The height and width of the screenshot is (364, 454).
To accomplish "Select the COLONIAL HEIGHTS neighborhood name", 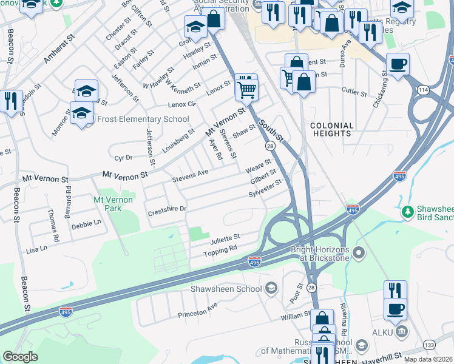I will [331, 130].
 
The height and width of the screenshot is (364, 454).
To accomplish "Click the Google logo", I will [20, 357].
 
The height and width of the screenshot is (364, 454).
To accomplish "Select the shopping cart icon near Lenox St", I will [246, 89].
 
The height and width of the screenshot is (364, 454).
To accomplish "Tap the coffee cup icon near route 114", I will [398, 64].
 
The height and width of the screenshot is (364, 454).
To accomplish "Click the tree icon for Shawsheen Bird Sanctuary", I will [409, 211].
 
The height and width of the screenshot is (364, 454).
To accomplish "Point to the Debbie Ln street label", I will [86, 224].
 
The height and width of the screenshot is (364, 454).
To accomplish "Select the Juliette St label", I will [225, 237].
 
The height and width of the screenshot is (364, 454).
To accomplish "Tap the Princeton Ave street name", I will [197, 314].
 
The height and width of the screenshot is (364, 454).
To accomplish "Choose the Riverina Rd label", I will [343, 320].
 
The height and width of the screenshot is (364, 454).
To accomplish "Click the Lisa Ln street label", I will [36, 249].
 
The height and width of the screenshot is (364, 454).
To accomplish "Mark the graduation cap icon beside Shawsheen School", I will [271, 288].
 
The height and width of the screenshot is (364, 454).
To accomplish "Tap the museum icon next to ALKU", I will [401, 332].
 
